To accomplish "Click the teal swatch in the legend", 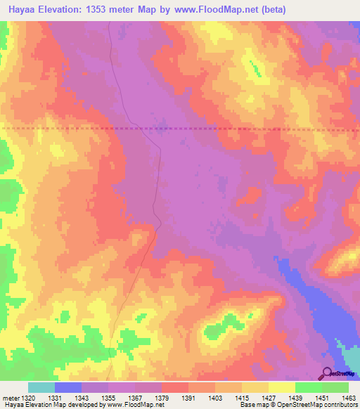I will [x=41, y=387].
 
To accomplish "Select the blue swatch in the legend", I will [x=68, y=387].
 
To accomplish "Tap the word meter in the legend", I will [x=8, y=398].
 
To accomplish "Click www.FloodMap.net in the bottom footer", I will [x=134, y=405].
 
